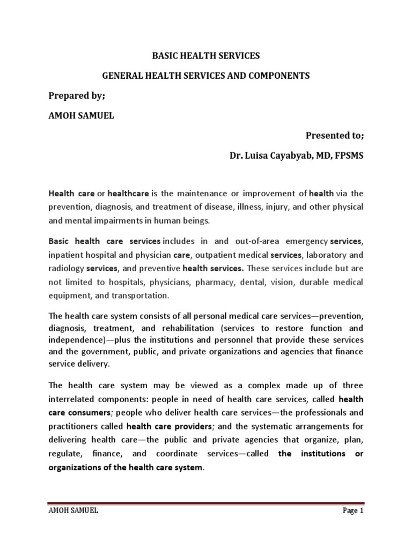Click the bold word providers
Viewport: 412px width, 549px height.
[178, 426]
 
